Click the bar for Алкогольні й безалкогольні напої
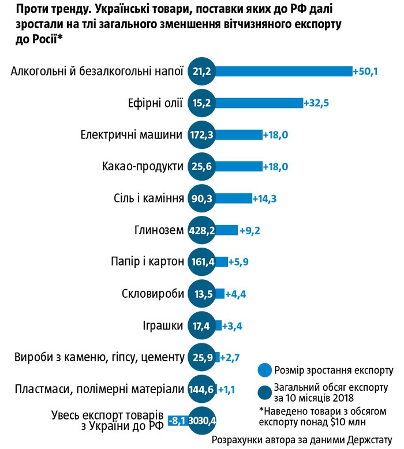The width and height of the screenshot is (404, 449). (283, 71)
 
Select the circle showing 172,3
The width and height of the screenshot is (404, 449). (202, 135)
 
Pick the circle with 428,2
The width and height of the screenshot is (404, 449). (202, 230)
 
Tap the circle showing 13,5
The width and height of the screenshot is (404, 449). (202, 294)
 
